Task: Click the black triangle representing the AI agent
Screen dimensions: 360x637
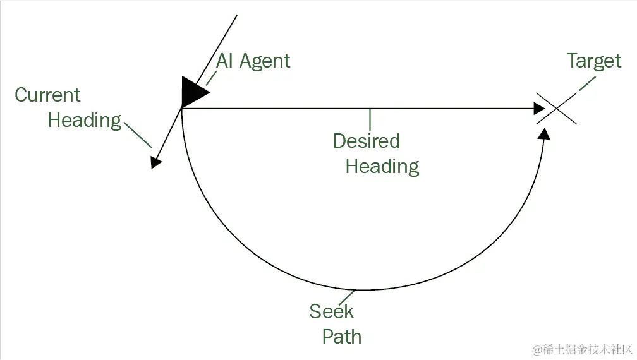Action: [192, 92]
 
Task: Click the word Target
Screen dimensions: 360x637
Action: [594, 61]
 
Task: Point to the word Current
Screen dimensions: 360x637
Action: [47, 95]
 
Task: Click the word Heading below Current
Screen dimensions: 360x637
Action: [85, 120]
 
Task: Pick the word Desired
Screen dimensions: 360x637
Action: [367, 141]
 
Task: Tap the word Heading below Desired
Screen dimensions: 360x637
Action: [382, 166]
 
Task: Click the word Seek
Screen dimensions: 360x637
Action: [332, 311]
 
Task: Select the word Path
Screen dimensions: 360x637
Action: [342, 337]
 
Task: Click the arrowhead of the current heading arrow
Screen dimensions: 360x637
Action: [155, 163]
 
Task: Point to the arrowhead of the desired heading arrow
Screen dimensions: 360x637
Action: [539, 109]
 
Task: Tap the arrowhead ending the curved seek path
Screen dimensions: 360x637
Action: [545, 133]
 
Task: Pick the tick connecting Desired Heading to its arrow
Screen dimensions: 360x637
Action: [370, 119]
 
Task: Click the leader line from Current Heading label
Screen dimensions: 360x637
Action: [138, 134]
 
